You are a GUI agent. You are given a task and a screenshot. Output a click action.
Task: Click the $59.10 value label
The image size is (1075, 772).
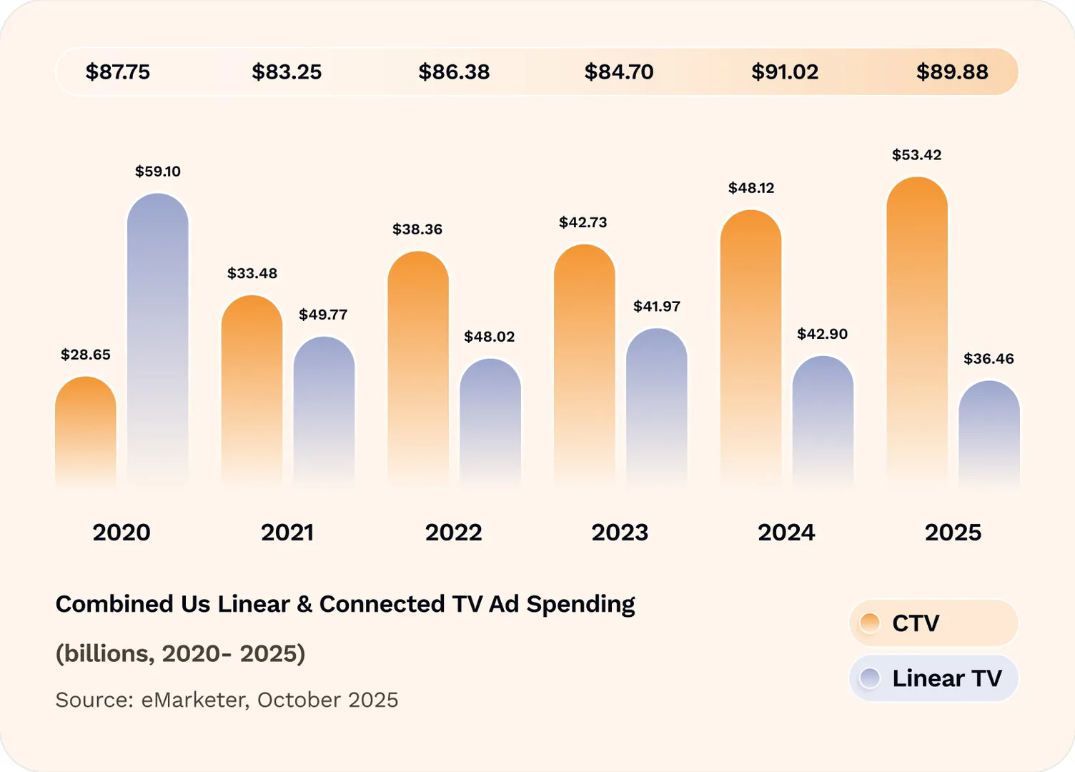click(x=158, y=172)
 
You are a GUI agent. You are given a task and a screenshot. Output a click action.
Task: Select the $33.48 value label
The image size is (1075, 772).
click(x=252, y=273)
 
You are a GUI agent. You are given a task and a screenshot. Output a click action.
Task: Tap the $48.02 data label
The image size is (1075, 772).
click(x=490, y=337)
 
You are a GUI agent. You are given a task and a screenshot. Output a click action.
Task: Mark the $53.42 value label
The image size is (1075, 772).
click(x=917, y=155)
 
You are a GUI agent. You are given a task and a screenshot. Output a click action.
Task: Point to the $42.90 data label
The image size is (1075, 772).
click(x=823, y=334)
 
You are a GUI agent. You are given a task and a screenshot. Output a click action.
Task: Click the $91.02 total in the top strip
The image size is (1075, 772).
click(x=785, y=71)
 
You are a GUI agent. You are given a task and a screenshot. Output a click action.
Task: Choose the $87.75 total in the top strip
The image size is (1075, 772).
click(x=118, y=71)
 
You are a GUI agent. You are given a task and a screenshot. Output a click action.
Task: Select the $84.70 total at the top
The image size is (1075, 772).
click(x=619, y=71)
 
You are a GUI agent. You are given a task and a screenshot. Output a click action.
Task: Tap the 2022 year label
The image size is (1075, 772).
click(x=454, y=533)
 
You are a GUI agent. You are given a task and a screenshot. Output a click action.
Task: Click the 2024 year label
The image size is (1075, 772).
click(x=786, y=533)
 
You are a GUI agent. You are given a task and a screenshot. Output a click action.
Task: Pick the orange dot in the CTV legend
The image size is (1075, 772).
click(x=870, y=623)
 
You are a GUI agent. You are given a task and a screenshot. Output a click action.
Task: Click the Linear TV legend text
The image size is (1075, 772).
click(x=947, y=678)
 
